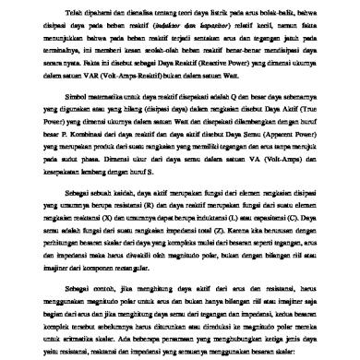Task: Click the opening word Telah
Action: tap(75, 15)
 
